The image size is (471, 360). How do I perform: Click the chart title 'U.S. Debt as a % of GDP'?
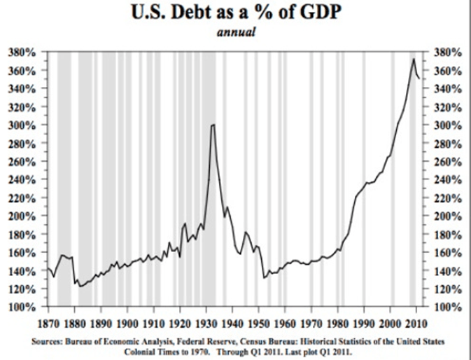tap(236, 13)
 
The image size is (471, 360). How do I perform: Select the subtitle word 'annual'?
tap(236, 32)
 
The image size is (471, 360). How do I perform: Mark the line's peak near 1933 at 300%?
tap(212, 125)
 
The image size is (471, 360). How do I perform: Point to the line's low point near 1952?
tap(263, 277)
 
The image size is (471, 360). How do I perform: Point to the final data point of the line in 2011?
tap(419, 78)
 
